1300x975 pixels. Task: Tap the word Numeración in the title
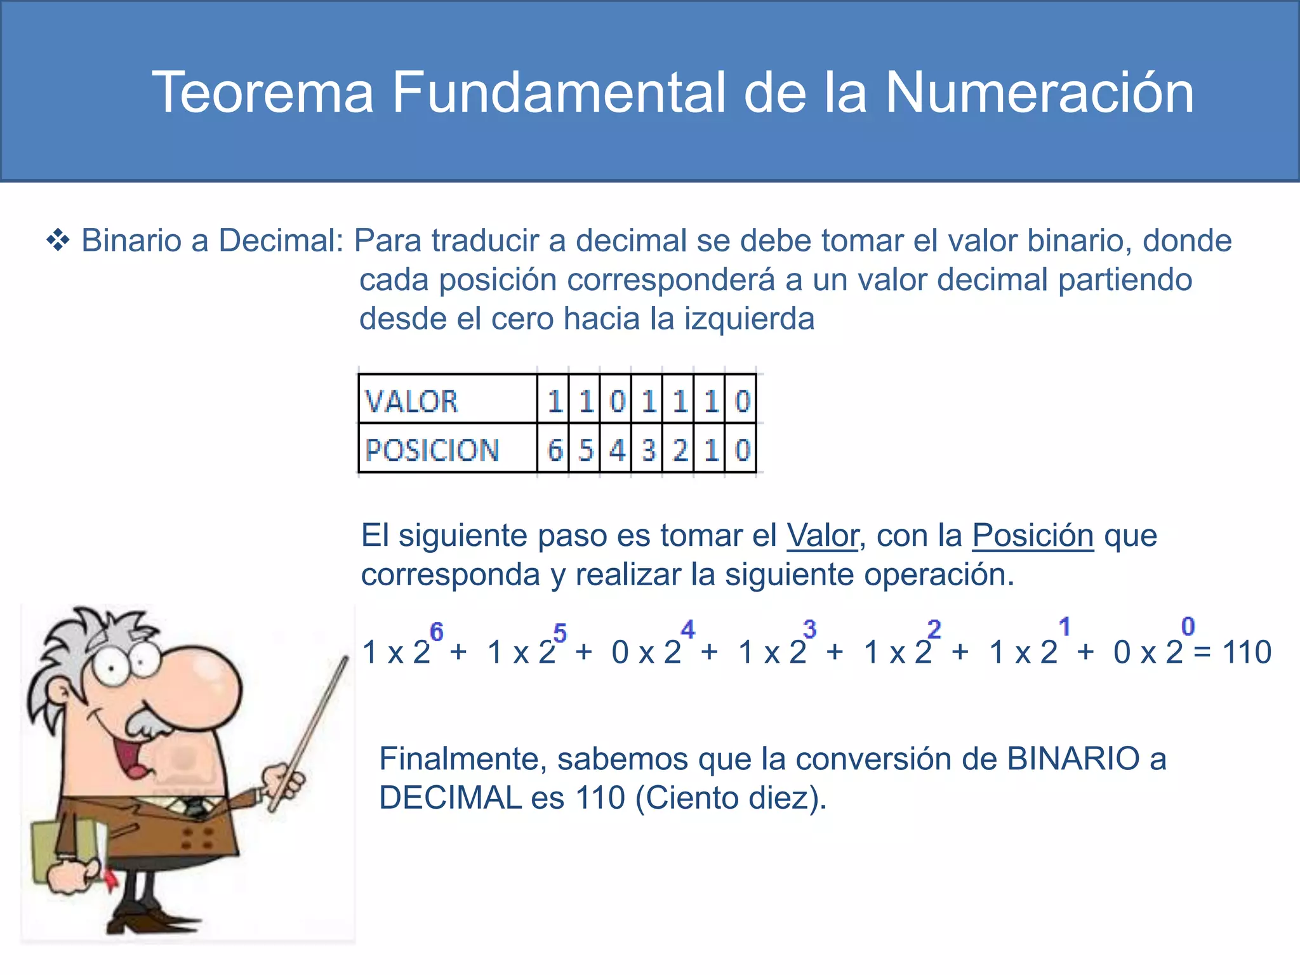[x=1039, y=93]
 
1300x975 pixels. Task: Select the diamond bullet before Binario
[x=58, y=241]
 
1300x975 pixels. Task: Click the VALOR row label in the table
[x=411, y=401]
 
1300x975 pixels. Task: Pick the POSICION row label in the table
[x=432, y=450]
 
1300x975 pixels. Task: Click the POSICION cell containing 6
[x=554, y=450]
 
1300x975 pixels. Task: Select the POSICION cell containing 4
[x=616, y=450]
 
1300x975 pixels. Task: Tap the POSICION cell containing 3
[x=647, y=450]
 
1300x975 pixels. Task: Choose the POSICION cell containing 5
[x=585, y=450]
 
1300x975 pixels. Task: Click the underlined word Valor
[x=822, y=536]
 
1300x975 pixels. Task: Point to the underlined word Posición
[x=1033, y=536]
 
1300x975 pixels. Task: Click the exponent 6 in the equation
[x=437, y=632]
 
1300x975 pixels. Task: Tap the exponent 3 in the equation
[x=809, y=630]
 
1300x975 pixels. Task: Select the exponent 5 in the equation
[x=560, y=633]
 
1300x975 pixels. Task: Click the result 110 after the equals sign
[x=1247, y=653]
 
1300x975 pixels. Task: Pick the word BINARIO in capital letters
[x=1073, y=759]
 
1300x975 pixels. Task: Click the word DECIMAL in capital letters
[x=450, y=799]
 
